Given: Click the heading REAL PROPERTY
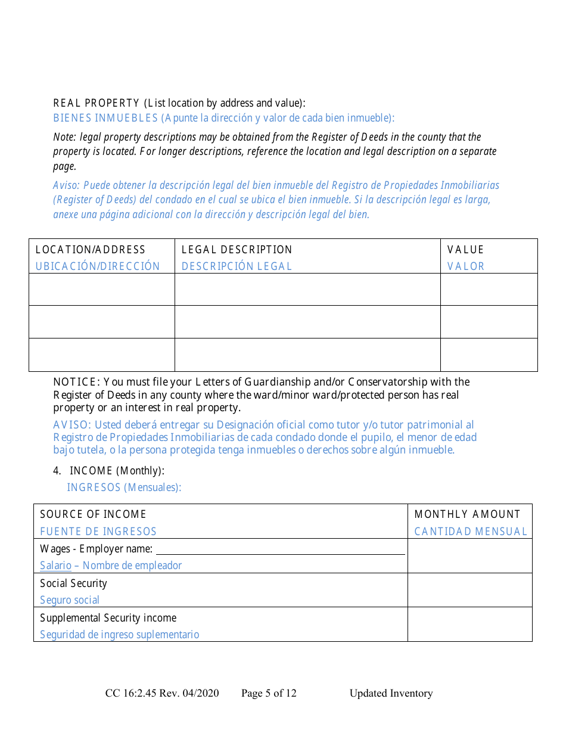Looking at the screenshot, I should [96, 103].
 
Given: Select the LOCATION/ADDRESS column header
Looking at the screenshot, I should [91, 250].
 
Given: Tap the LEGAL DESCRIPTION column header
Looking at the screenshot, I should [237, 250].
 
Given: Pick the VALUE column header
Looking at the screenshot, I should [465, 250].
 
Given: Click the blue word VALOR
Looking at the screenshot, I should [465, 266].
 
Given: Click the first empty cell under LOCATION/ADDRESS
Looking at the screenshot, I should [102, 290].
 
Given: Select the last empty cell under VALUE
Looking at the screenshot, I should [489, 355].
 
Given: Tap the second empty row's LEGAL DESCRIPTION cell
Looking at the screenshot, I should [307, 322].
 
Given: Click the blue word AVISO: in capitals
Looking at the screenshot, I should [72, 425].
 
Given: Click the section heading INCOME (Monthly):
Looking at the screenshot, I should [117, 471].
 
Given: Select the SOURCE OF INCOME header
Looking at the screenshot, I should [93, 514].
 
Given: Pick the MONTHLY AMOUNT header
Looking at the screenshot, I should [467, 514].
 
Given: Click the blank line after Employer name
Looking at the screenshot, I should [280, 549].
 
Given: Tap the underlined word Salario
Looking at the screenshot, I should [55, 566].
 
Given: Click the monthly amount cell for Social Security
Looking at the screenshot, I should [469, 590].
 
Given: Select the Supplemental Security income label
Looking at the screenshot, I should [108, 618].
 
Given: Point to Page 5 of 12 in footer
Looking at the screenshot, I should [269, 693].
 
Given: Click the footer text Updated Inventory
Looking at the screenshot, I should [391, 693].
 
